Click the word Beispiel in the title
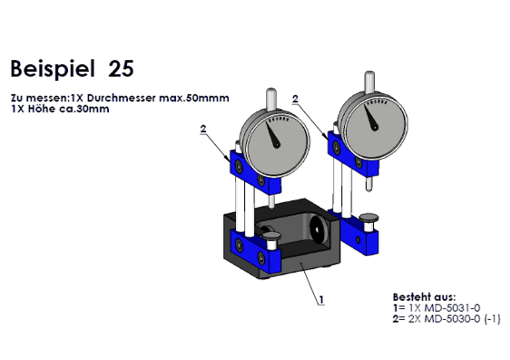point(53,69)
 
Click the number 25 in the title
point(121,69)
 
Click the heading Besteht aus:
point(425,297)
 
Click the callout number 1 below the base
point(321,299)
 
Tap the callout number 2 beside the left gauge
point(203,129)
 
